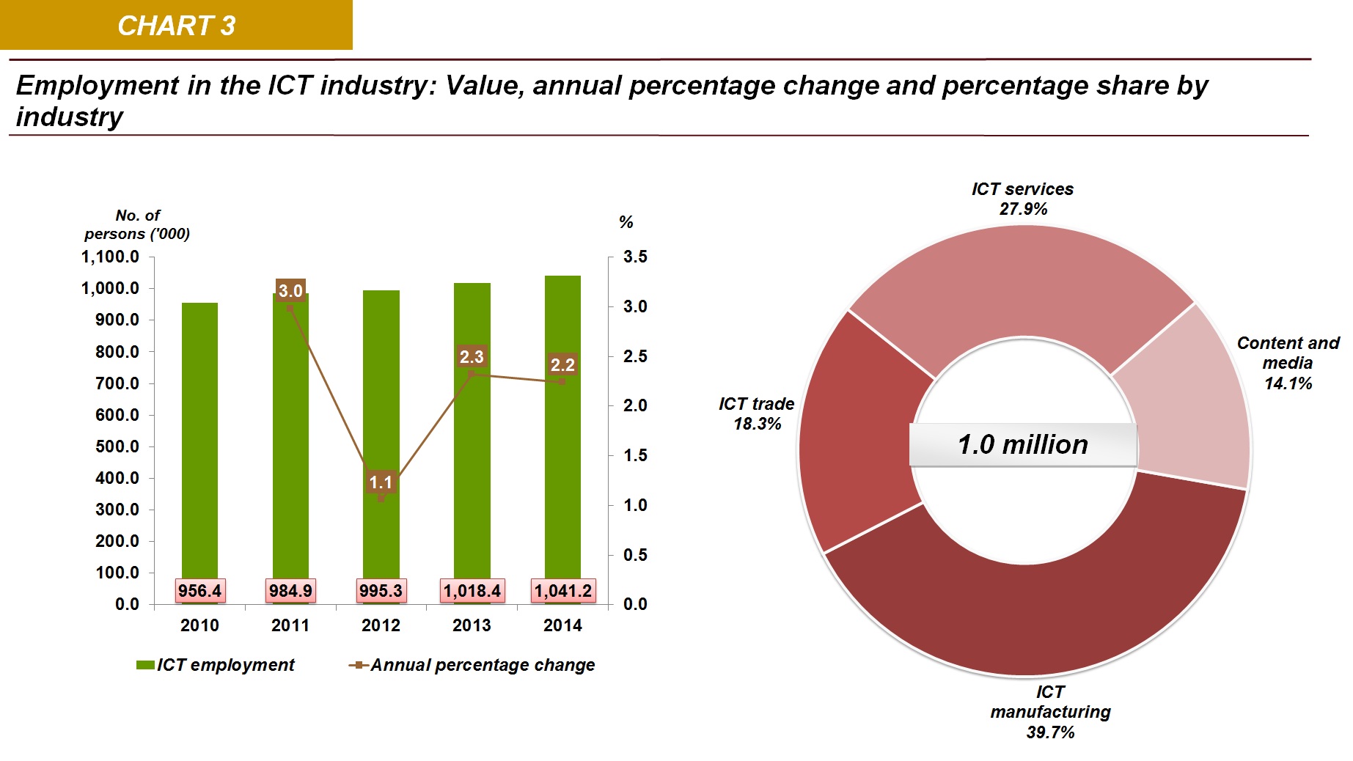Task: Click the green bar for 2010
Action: (199, 440)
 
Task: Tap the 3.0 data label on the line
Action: (290, 290)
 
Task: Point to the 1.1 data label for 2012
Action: (381, 482)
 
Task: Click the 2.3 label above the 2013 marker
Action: (472, 357)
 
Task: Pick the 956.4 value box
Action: (199, 591)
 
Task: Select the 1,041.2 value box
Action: (562, 591)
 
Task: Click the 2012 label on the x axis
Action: (381, 625)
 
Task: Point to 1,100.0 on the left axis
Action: (110, 257)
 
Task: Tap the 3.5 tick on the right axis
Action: (635, 257)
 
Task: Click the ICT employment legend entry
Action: (216, 665)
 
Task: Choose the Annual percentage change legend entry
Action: (473, 665)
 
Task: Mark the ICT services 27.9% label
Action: (1022, 199)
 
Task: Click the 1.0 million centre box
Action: (1023, 444)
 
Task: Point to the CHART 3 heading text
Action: (176, 26)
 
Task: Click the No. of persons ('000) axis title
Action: (137, 224)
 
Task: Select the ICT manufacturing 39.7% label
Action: (1050, 712)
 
